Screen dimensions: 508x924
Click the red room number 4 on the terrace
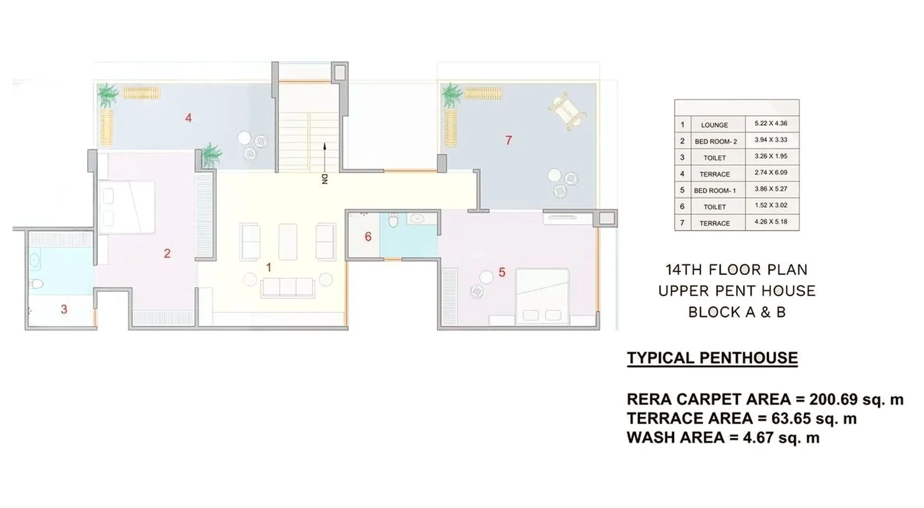[188, 118]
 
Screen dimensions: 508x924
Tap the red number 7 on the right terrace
[508, 141]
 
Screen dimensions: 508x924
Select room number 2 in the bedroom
[167, 253]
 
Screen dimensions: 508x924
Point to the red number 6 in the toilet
[368, 237]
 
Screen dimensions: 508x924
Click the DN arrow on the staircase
[325, 162]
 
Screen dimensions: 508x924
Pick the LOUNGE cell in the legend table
[714, 125]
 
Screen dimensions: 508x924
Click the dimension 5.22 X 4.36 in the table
[771, 123]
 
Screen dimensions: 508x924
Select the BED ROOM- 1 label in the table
[715, 190]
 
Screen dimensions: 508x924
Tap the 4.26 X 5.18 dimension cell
[771, 221]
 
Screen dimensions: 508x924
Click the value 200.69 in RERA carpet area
[833, 399]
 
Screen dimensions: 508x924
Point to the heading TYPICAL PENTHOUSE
[712, 358]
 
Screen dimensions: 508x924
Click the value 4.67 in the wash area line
[758, 437]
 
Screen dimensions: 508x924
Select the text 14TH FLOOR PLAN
[736, 269]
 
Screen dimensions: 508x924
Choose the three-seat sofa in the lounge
[287, 288]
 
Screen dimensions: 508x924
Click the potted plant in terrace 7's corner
[451, 95]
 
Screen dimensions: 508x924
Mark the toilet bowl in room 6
[393, 221]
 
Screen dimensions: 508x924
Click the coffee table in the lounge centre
[287, 241]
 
